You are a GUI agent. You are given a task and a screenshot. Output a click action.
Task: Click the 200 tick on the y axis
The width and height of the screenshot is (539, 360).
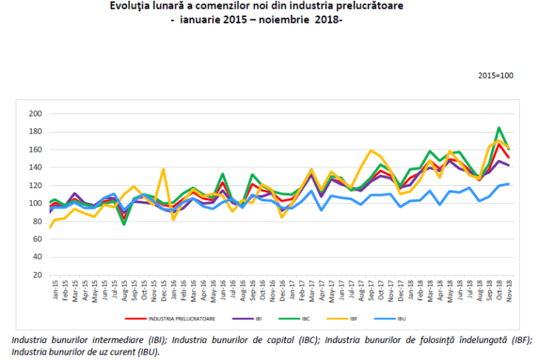pyautogui.click(x=34, y=113)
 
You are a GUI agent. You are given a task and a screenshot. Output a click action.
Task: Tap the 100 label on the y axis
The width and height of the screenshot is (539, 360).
pyautogui.click(x=34, y=203)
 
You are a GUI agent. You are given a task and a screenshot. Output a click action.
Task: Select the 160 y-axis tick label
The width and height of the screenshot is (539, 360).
pyautogui.click(x=34, y=149)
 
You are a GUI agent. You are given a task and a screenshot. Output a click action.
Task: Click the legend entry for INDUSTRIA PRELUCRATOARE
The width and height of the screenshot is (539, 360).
pyautogui.click(x=177, y=319)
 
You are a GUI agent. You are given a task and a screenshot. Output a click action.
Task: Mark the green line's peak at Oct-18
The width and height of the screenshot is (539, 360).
pyautogui.click(x=498, y=127)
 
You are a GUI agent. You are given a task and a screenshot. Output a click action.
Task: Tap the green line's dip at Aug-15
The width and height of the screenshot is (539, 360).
pyautogui.click(x=124, y=224)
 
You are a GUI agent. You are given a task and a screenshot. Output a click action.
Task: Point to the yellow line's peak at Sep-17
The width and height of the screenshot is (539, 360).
pyautogui.click(x=370, y=150)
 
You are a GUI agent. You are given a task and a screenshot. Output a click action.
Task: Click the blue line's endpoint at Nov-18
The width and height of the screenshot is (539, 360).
pyautogui.click(x=508, y=184)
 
